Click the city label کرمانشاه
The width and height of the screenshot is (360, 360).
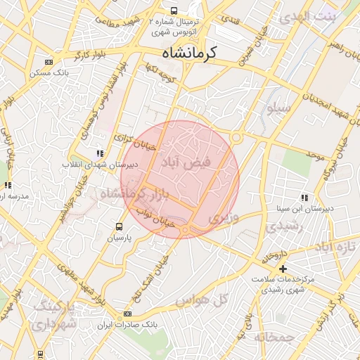(x=189, y=52)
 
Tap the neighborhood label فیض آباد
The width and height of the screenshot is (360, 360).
(x=186, y=163)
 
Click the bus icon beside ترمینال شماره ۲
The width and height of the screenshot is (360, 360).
(x=174, y=11)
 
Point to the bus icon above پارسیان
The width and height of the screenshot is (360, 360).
(x=119, y=226)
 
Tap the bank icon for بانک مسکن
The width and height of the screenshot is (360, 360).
(x=47, y=62)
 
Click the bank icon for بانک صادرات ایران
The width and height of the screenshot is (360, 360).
(x=127, y=314)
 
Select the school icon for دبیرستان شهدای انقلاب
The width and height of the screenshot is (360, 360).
(x=100, y=153)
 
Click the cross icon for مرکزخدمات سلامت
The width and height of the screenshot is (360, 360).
(x=283, y=269)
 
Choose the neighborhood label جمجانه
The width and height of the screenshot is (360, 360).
(x=274, y=337)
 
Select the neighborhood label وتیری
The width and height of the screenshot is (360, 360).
(x=224, y=218)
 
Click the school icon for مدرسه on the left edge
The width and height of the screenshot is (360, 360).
(x=8, y=185)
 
